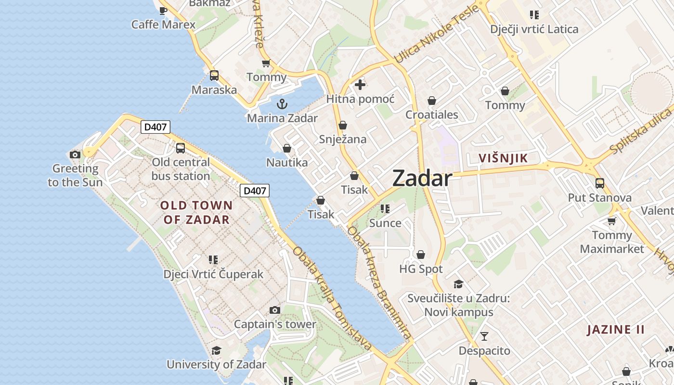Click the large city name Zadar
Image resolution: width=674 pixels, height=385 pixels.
point(422,179)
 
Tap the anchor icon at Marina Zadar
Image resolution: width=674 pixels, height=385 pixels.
point(282,103)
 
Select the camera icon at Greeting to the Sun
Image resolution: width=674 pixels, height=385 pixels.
point(75,154)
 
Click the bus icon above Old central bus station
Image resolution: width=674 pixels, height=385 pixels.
point(181,148)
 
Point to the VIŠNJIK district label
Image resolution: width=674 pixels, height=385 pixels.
point(503,158)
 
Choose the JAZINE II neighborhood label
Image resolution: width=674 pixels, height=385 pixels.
point(616,330)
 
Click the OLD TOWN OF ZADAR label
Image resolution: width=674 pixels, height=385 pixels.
point(196,212)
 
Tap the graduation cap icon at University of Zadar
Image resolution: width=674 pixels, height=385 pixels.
point(217,350)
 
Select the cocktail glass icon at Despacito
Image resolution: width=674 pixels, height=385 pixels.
point(484,336)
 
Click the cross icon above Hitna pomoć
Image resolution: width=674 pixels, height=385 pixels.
point(360,85)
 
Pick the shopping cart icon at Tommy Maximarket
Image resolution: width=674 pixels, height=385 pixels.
point(611,221)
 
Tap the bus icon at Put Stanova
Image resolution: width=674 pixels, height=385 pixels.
point(599,183)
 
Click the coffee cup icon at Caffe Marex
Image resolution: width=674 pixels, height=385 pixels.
point(163,10)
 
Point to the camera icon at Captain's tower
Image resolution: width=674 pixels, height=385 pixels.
point(275,310)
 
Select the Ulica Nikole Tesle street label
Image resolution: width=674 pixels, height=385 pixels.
point(436,35)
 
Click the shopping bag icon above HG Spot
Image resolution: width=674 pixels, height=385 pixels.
point(421,254)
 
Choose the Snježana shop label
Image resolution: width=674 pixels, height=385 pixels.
point(343,140)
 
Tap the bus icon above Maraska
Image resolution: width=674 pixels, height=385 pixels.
point(214,76)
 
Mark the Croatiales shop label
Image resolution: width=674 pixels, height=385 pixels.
point(432,115)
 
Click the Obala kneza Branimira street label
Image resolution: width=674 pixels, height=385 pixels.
point(380,284)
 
